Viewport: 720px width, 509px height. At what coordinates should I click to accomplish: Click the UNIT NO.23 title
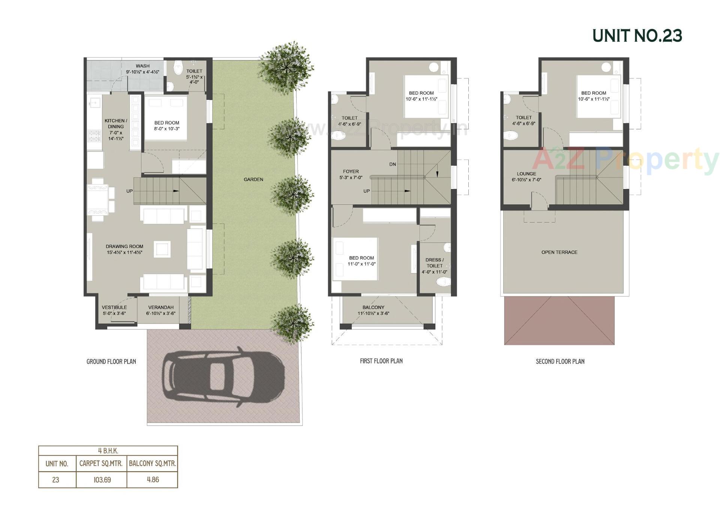coord(637,36)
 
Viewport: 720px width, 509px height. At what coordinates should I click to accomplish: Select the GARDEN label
coord(253,180)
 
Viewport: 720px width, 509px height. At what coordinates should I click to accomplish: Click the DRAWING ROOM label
coord(124,247)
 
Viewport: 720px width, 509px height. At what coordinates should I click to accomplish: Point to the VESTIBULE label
coord(114,308)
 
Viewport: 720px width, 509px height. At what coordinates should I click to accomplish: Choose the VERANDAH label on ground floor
coord(161,308)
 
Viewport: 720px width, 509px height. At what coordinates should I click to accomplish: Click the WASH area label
coord(142,66)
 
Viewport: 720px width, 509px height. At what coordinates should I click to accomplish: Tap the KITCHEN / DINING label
coord(116,124)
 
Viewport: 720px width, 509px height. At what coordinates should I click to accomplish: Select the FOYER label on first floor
coord(351,172)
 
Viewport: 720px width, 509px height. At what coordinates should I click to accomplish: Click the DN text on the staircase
coord(393,164)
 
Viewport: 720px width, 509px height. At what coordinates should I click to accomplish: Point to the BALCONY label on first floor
coord(373,308)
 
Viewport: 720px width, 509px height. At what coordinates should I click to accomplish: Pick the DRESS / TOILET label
coord(434,263)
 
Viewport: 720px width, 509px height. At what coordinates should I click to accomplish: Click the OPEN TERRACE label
coord(559,252)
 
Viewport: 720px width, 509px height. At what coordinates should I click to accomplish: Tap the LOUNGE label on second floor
coord(526,174)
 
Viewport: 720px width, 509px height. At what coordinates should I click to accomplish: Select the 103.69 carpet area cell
coord(102,480)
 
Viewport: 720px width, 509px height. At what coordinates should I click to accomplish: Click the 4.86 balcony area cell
coord(153,480)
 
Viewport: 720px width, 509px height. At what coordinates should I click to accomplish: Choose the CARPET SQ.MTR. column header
coord(101,464)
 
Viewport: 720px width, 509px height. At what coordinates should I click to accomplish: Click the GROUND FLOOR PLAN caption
coord(111,362)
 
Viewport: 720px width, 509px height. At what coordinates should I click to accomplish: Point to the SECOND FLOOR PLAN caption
coord(560,362)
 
